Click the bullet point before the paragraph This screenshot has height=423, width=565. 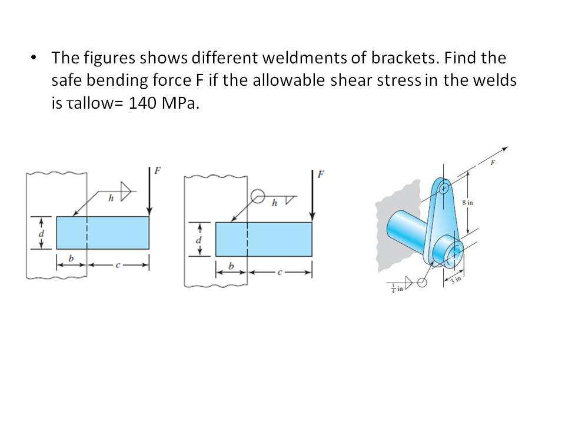33,58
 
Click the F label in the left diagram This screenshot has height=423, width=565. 157,171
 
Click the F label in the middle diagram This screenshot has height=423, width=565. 320,174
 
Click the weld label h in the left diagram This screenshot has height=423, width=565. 111,199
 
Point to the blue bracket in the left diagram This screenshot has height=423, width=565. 102,233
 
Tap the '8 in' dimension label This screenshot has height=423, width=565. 467,203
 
